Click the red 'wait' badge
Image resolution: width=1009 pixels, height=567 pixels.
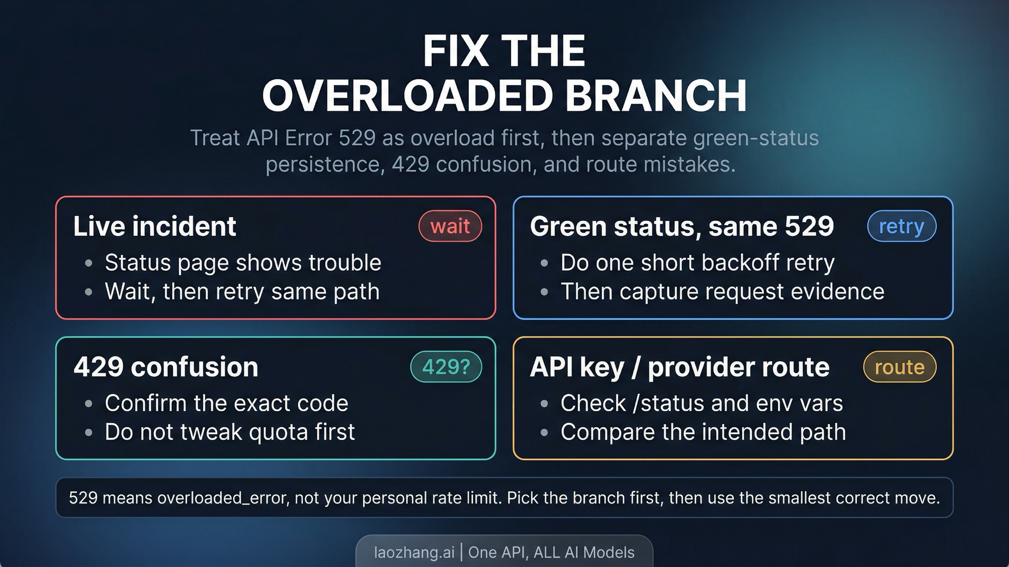coord(450,226)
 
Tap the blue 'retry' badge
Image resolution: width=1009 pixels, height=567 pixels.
coord(901,226)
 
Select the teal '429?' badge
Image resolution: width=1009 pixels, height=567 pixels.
coord(446,367)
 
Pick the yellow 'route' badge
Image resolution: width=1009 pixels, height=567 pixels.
coord(899,367)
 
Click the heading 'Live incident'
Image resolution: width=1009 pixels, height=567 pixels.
coord(154,226)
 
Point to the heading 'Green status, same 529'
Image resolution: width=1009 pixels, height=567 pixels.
coord(681,226)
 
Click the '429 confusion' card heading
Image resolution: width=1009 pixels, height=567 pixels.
coord(166,367)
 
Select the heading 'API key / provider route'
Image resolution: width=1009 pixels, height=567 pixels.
coord(679,367)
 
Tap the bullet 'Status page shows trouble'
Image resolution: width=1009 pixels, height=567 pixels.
coord(243,263)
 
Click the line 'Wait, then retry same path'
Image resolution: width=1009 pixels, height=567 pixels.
coord(242,291)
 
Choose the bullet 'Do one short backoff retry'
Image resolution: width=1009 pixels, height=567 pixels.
coord(697,263)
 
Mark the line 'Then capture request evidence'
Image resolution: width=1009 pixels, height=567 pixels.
coord(722,291)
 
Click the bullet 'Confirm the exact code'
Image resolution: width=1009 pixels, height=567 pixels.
coord(226,403)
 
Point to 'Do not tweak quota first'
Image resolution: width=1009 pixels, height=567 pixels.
coord(230,432)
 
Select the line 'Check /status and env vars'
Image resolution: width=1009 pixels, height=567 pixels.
coord(701,403)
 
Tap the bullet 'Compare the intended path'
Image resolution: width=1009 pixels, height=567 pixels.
coord(703,432)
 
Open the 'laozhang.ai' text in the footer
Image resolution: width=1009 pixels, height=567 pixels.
coord(414,552)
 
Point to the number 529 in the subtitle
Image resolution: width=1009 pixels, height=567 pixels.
coord(357,138)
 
